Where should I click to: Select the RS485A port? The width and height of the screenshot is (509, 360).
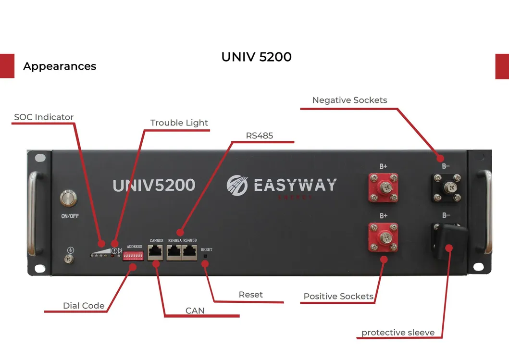[174, 251]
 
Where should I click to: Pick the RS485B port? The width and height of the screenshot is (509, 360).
[190, 251]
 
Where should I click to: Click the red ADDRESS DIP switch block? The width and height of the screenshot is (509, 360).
[134, 256]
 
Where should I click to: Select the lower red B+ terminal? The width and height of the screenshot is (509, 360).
[383, 237]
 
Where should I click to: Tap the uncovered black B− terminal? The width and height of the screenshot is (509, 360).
[446, 188]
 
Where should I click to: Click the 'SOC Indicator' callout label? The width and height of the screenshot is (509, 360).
[44, 117]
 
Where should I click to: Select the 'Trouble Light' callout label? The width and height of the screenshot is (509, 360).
[179, 123]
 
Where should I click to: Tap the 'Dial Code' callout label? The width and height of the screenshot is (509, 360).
[84, 306]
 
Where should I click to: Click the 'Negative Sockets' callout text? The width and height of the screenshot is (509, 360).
[349, 100]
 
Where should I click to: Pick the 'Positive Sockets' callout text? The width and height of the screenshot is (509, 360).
[338, 296]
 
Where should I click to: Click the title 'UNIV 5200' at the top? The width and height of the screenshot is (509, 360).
[256, 57]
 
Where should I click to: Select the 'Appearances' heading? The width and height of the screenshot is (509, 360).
[60, 66]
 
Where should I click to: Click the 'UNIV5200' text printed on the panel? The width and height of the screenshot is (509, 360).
[154, 186]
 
